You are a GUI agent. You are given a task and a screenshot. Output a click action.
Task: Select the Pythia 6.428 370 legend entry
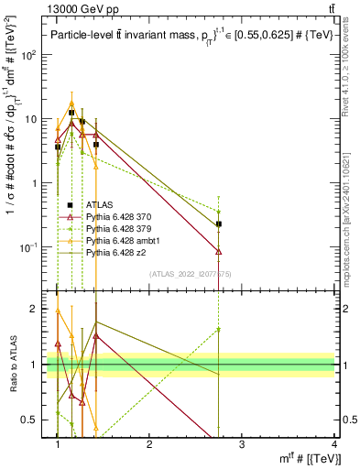[x=115, y=216]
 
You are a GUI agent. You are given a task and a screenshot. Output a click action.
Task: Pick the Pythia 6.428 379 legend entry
[x=115, y=227]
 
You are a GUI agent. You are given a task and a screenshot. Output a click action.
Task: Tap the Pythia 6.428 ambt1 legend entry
[x=118, y=239]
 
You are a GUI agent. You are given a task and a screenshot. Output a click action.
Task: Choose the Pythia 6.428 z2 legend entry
[x=112, y=250]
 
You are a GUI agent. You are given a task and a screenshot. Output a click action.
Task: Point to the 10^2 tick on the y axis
[x=28, y=55]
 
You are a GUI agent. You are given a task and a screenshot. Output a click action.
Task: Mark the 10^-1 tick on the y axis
[x=28, y=247]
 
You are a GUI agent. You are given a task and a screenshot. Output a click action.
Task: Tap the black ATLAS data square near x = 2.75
[x=219, y=224]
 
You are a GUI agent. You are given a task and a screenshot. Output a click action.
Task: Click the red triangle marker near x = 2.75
[x=219, y=250]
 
